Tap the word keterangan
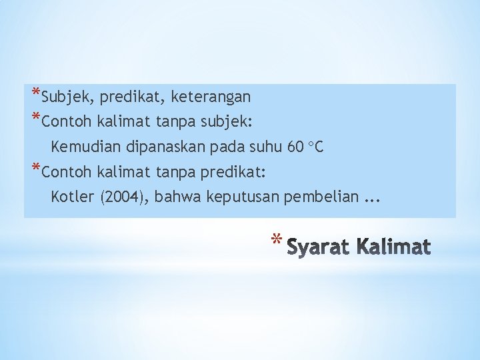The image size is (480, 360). (211, 97)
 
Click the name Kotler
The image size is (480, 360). (72, 197)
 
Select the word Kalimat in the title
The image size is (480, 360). (394, 247)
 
